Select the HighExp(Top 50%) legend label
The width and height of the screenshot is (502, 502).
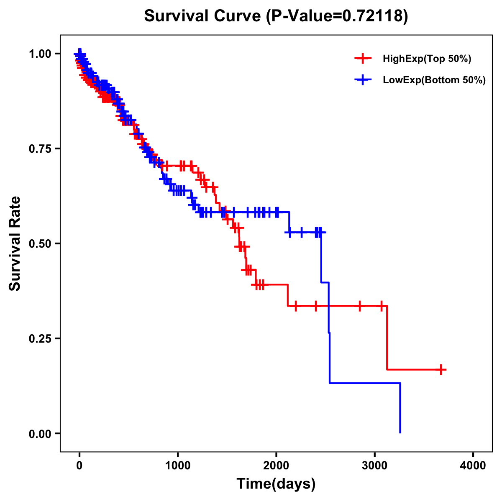click(427, 59)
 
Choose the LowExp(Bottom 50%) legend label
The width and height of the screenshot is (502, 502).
click(434, 80)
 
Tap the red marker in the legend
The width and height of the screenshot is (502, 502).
click(363, 59)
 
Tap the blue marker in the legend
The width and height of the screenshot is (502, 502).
click(363, 79)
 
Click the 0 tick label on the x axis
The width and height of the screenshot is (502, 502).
click(79, 465)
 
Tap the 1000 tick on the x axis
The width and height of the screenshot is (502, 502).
click(178, 465)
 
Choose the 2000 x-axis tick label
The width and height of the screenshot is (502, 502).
click(276, 465)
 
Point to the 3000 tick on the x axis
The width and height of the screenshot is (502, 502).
click(375, 465)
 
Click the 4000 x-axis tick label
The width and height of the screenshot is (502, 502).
click(473, 465)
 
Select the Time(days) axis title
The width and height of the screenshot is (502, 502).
click(276, 484)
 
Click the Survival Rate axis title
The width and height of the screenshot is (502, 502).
click(15, 243)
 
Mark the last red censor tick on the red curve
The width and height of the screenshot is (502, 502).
click(441, 370)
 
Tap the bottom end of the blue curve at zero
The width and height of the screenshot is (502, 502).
click(400, 432)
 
